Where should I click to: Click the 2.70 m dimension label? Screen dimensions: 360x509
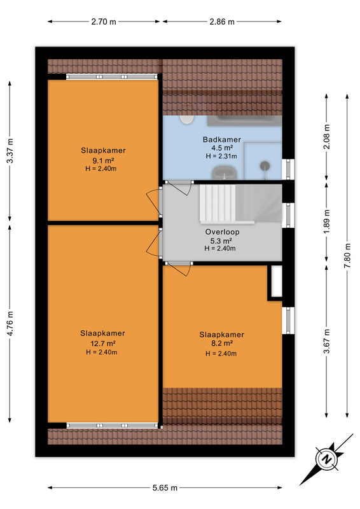point(104,22)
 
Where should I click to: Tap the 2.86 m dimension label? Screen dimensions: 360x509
point(222,22)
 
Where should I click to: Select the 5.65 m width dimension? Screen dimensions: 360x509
point(165,487)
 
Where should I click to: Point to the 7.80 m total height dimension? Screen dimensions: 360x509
point(347,255)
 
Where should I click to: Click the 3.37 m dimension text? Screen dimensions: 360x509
point(10,151)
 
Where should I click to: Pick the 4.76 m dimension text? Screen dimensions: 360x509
point(10,324)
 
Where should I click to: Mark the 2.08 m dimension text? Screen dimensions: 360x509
point(327,137)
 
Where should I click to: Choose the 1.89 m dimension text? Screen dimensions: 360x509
point(327,221)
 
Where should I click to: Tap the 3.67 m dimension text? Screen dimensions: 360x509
point(327,341)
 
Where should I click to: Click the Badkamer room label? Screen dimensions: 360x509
point(222,139)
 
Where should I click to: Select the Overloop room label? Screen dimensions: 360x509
point(223,232)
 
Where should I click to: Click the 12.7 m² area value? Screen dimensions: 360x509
point(102,343)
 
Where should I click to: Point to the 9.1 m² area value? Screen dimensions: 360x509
point(103,160)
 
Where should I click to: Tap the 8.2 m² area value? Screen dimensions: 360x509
point(222,344)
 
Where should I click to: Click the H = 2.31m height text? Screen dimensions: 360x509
point(221,156)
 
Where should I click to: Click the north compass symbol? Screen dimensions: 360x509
point(326,459)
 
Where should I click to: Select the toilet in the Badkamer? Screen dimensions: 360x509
point(186,120)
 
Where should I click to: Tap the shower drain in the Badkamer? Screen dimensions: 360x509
point(265,166)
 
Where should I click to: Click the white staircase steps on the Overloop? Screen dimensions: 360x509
point(218,204)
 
